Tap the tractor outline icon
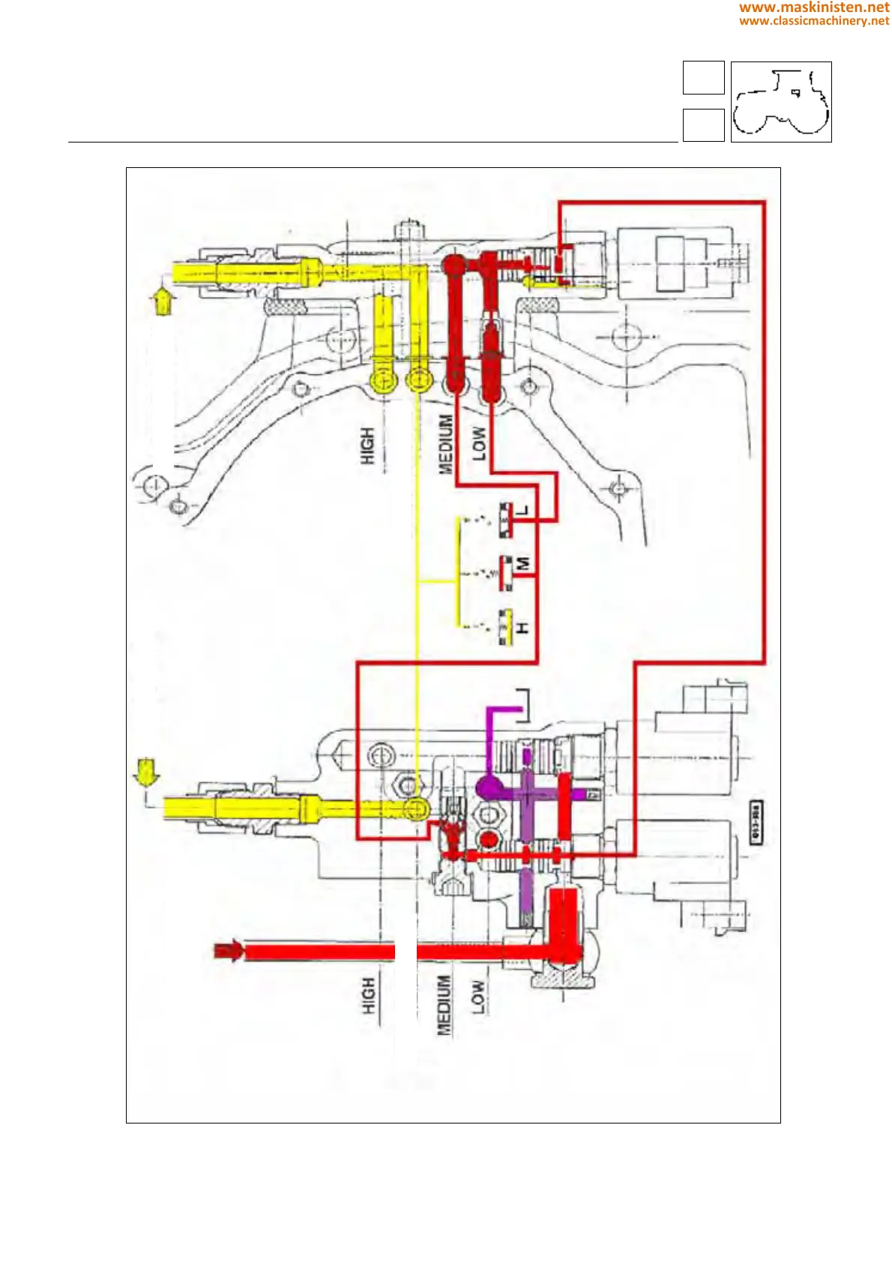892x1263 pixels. [x=781, y=102]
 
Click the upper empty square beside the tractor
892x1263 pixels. [x=703, y=78]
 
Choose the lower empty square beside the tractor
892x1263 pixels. [x=703, y=125]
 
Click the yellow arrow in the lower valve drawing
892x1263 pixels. [x=143, y=772]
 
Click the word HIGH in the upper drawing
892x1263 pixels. [x=367, y=445]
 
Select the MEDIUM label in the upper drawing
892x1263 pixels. [x=446, y=444]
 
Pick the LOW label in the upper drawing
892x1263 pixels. [x=478, y=444]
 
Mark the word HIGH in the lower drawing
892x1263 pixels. [x=368, y=996]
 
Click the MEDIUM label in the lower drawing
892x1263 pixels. [x=445, y=1005]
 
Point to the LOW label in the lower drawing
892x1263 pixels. [x=477, y=997]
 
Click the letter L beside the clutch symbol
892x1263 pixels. [x=523, y=511]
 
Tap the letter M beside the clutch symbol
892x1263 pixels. [x=523, y=562]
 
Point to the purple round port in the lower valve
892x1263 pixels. [x=489, y=787]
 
